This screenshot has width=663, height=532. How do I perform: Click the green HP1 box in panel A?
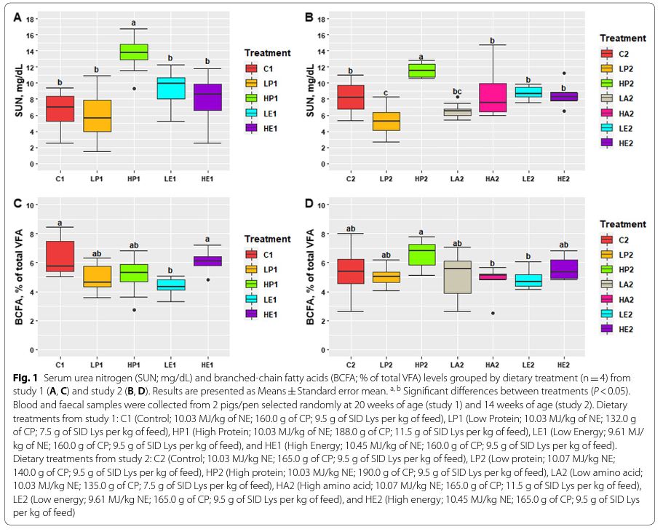tap(133, 52)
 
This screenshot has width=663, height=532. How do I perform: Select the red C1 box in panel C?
tap(60, 256)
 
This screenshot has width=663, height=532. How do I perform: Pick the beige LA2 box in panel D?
tap(457, 277)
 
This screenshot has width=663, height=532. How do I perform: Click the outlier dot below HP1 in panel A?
tap(133, 88)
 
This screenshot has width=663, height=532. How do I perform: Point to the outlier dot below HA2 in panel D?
tap(493, 314)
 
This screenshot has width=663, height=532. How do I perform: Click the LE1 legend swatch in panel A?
tap(252, 113)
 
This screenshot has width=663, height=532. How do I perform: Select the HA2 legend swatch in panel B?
tap(606, 113)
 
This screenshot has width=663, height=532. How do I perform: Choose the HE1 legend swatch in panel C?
tap(252, 314)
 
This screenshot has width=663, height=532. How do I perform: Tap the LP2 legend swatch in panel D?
tap(606, 254)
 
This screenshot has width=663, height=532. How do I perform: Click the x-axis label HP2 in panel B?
tap(421, 178)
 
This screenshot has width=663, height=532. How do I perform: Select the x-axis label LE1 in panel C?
tap(170, 363)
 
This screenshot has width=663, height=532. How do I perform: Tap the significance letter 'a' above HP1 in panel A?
tap(133, 23)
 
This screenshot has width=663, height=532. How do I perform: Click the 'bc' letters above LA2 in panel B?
tap(457, 91)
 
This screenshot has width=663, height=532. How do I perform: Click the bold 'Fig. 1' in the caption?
tap(25, 379)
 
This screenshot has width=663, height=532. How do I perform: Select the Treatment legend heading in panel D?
tap(622, 224)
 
